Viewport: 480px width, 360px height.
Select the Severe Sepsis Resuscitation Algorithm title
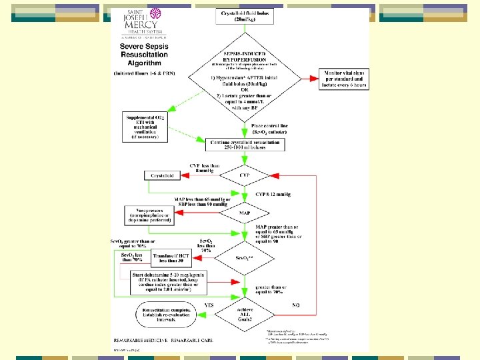click(144, 54)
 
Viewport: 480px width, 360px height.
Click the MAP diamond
click(245, 214)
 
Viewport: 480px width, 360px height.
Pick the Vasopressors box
click(151, 214)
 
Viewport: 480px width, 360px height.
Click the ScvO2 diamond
click(245, 257)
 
